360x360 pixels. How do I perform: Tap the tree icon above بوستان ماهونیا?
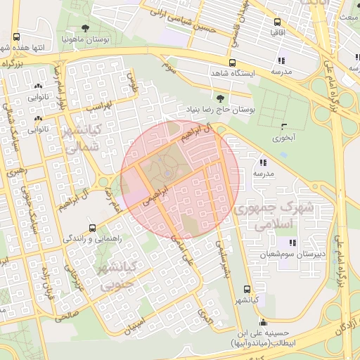pyautogui.click(x=85, y=29)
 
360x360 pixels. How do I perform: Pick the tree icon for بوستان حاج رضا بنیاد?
pyautogui.click(x=221, y=99)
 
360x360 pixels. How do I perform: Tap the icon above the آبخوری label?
pyautogui.click(x=284, y=127)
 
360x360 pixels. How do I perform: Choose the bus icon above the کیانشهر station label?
pyautogui.click(x=246, y=289)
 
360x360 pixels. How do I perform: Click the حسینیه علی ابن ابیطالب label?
pyautogui.click(x=262, y=339)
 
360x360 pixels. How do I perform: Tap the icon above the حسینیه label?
pyautogui.click(x=263, y=323)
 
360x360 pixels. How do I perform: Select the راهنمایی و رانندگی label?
pyautogui.click(x=93, y=239)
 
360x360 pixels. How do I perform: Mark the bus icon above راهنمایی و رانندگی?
pyautogui.click(x=93, y=229)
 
